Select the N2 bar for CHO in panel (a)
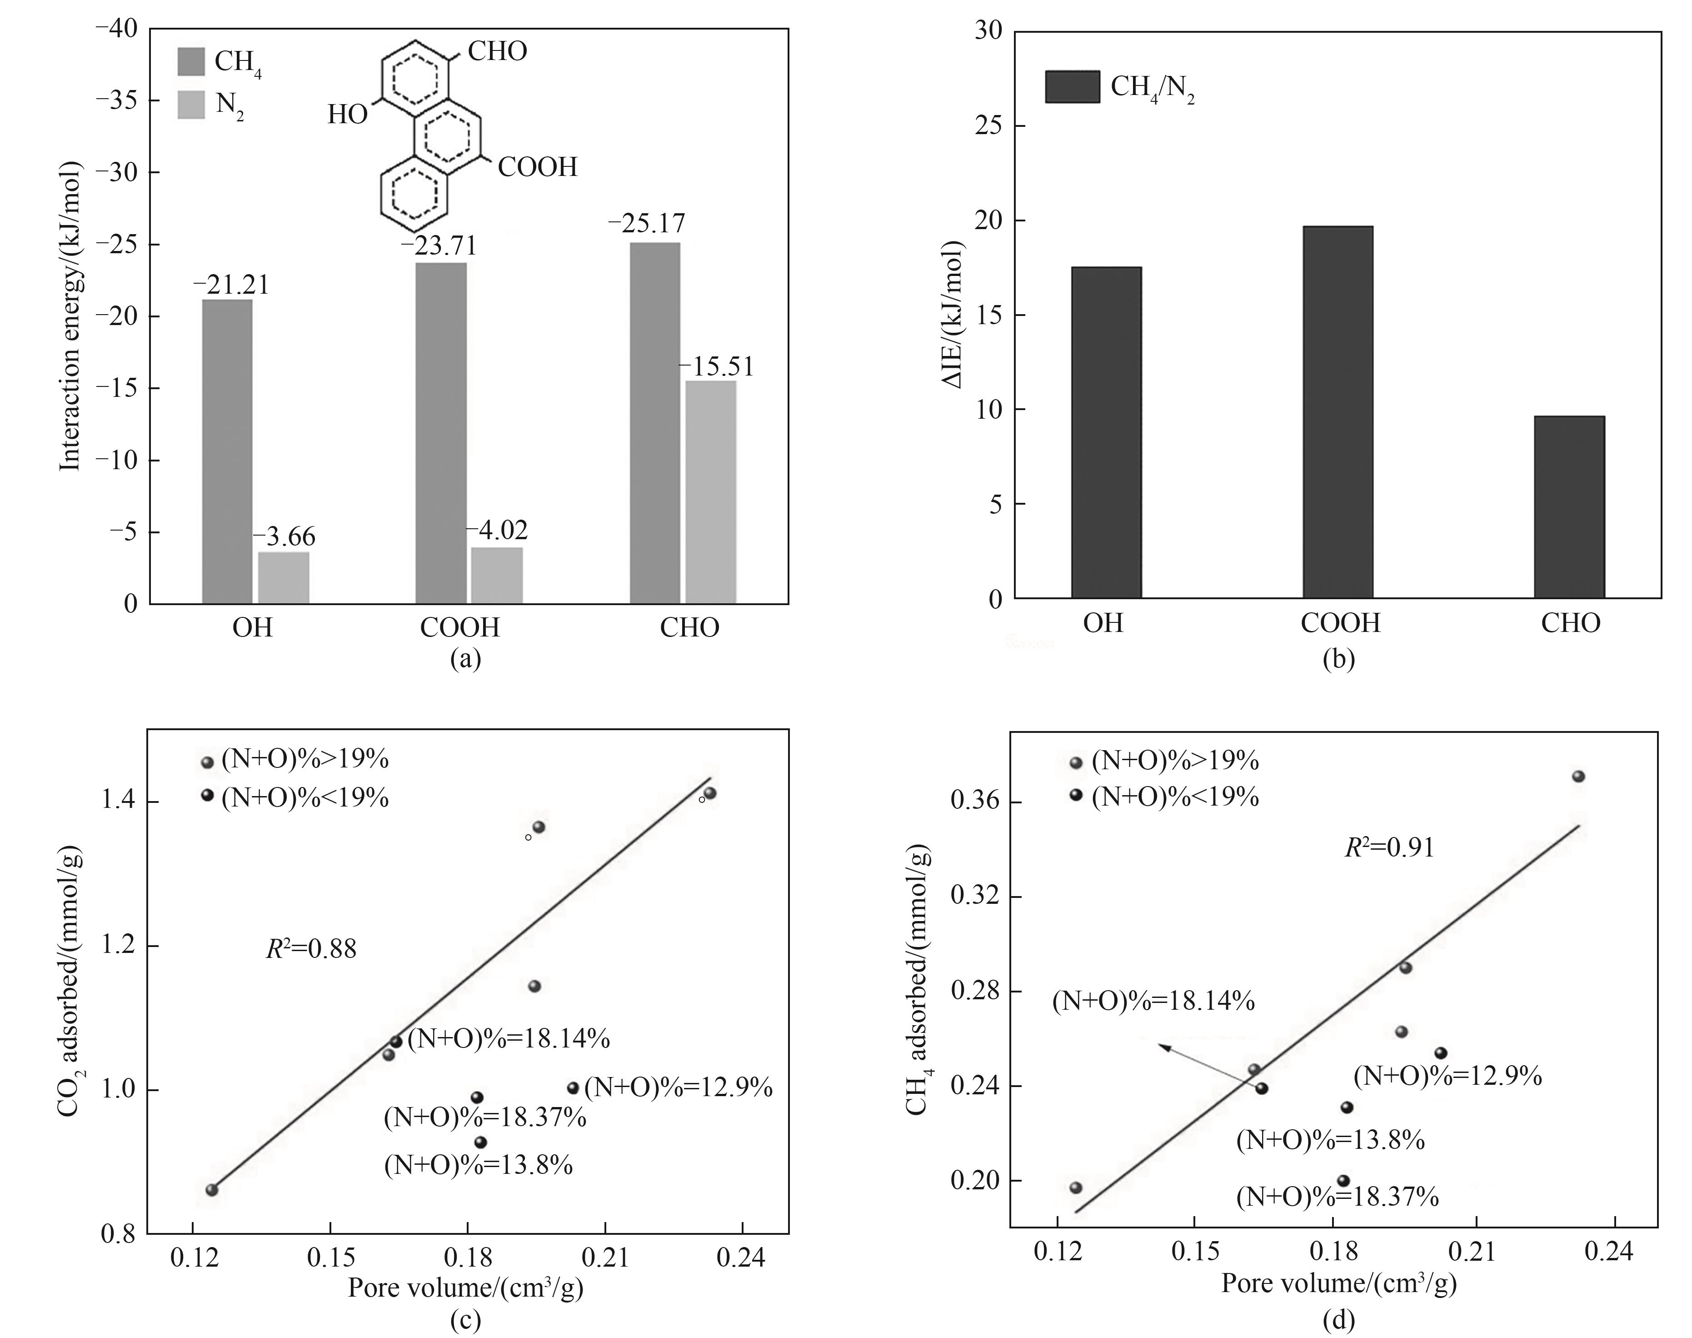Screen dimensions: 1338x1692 coord(710,492)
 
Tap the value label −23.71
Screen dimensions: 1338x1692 coord(439,246)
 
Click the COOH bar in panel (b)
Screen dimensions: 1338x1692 coord(1338,412)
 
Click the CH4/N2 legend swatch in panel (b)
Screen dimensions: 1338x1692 coord(1072,87)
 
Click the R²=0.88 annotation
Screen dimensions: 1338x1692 coord(311,949)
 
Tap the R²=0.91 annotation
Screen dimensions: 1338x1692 coord(1389,847)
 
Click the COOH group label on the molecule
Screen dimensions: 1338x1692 coord(537,167)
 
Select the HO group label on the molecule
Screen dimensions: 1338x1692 coord(347,115)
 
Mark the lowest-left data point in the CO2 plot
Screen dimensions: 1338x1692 coord(211,1190)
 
